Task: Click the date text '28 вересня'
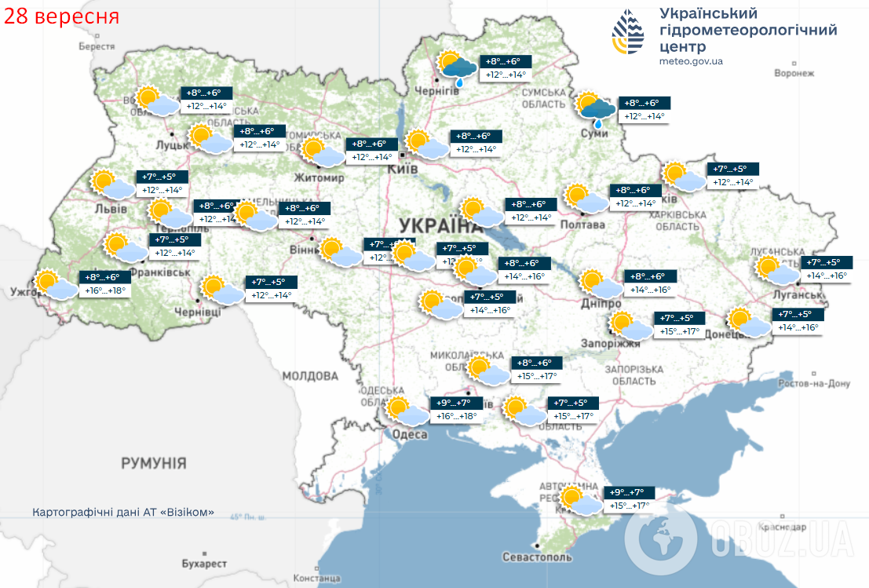click(62, 16)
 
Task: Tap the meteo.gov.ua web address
click(691, 61)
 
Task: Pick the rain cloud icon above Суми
click(596, 109)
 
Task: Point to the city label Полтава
click(582, 225)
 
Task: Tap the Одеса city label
click(409, 434)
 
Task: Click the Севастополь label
click(537, 557)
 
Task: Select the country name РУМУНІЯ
click(154, 463)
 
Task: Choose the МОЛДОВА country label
click(309, 376)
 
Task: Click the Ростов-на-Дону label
click(816, 384)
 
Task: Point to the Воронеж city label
click(794, 73)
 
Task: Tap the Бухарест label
click(203, 564)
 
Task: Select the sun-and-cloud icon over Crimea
click(578, 500)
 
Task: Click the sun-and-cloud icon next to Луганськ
click(775, 270)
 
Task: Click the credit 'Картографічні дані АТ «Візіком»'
click(123, 512)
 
